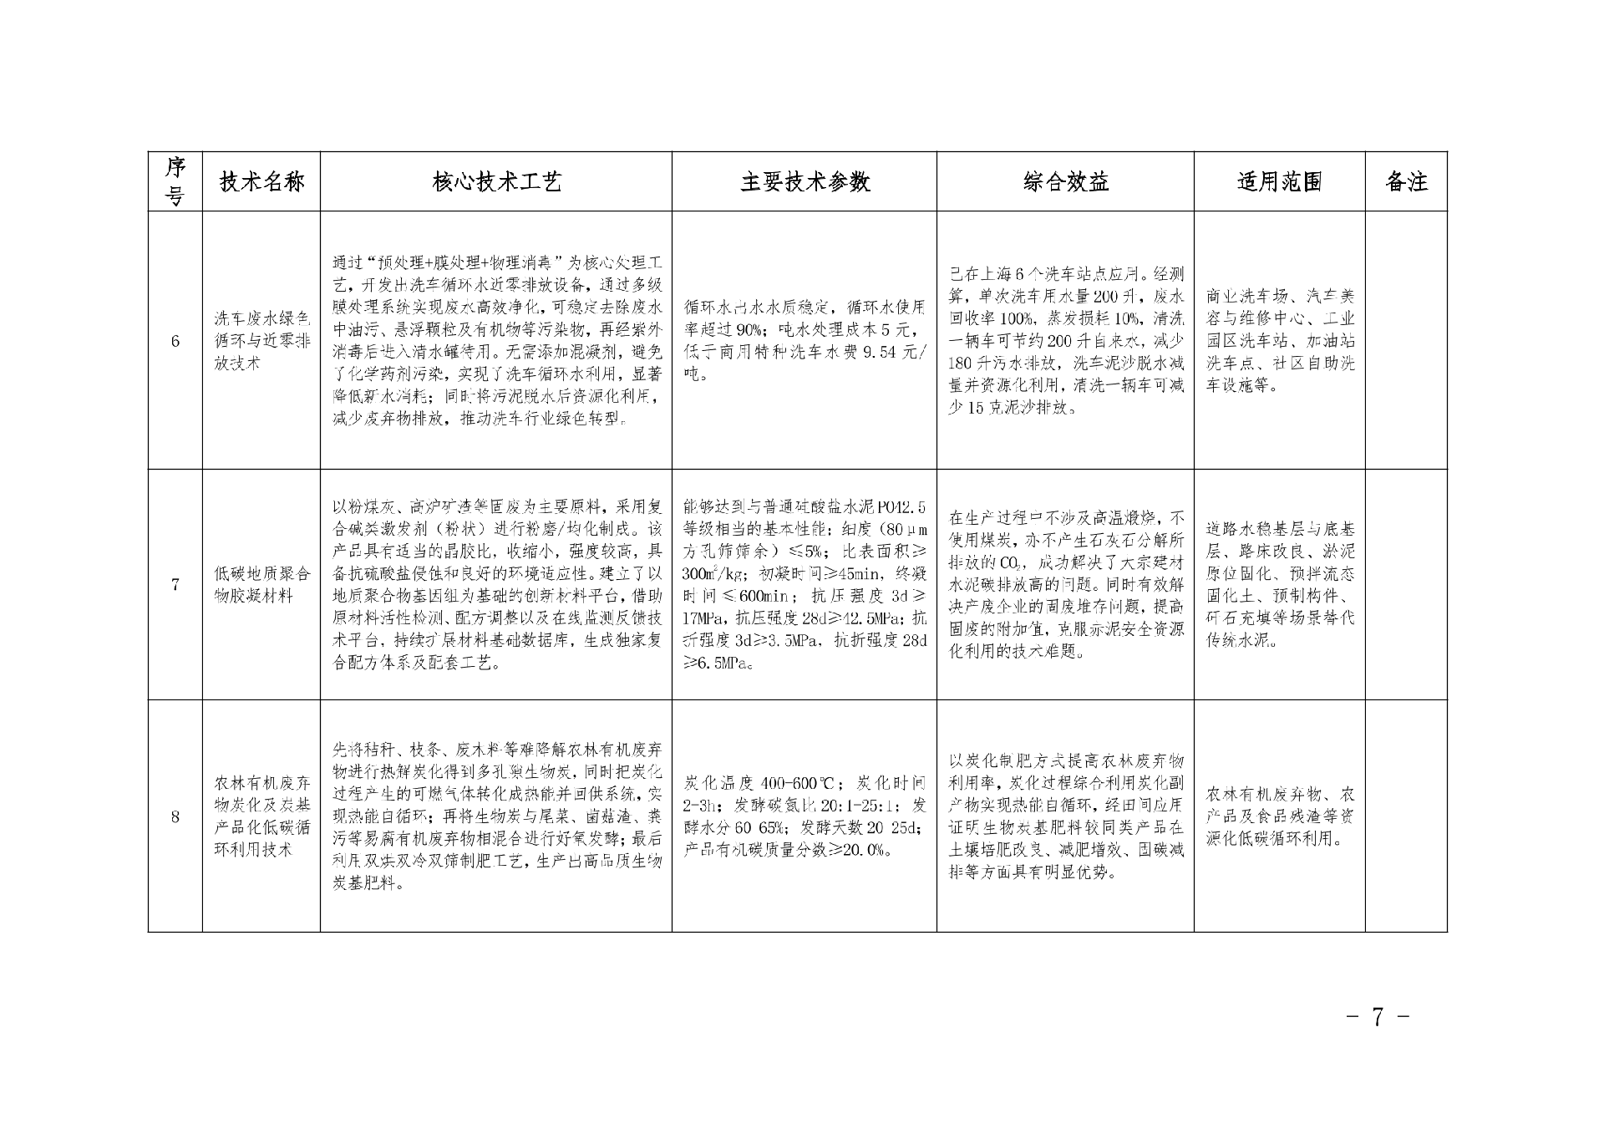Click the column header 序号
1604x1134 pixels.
coord(175,181)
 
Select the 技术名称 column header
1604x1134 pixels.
coord(261,181)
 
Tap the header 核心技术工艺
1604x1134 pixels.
coord(496,181)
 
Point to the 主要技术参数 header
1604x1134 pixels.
coord(805,181)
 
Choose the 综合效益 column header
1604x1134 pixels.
coord(1065,181)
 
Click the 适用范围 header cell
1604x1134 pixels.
coord(1279,181)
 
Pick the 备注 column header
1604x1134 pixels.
coord(1406,181)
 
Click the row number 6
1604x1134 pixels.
coord(175,341)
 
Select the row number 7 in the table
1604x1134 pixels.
coord(175,584)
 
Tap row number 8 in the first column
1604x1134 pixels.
coord(175,816)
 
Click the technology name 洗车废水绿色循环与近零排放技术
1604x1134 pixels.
coord(261,341)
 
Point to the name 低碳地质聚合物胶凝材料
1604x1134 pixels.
coord(261,584)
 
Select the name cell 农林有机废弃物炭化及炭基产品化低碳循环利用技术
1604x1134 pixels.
coord(261,816)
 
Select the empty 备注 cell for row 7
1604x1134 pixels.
coord(1406,584)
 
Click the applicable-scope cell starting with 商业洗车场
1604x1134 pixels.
coord(1279,341)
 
